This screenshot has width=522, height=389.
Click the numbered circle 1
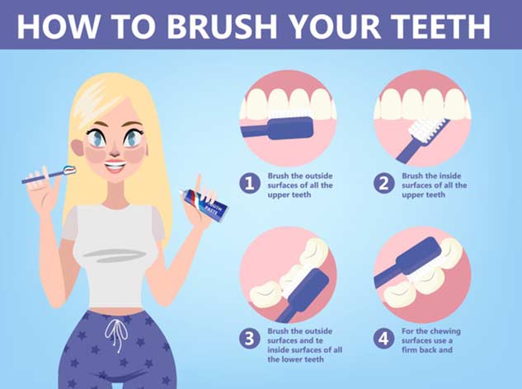249,184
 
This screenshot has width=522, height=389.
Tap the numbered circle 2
383,184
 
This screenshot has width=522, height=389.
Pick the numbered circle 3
249,339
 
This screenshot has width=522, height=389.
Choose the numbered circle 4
383,339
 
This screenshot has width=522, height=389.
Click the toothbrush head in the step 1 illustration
293,129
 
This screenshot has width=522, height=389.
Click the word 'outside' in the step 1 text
310,176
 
